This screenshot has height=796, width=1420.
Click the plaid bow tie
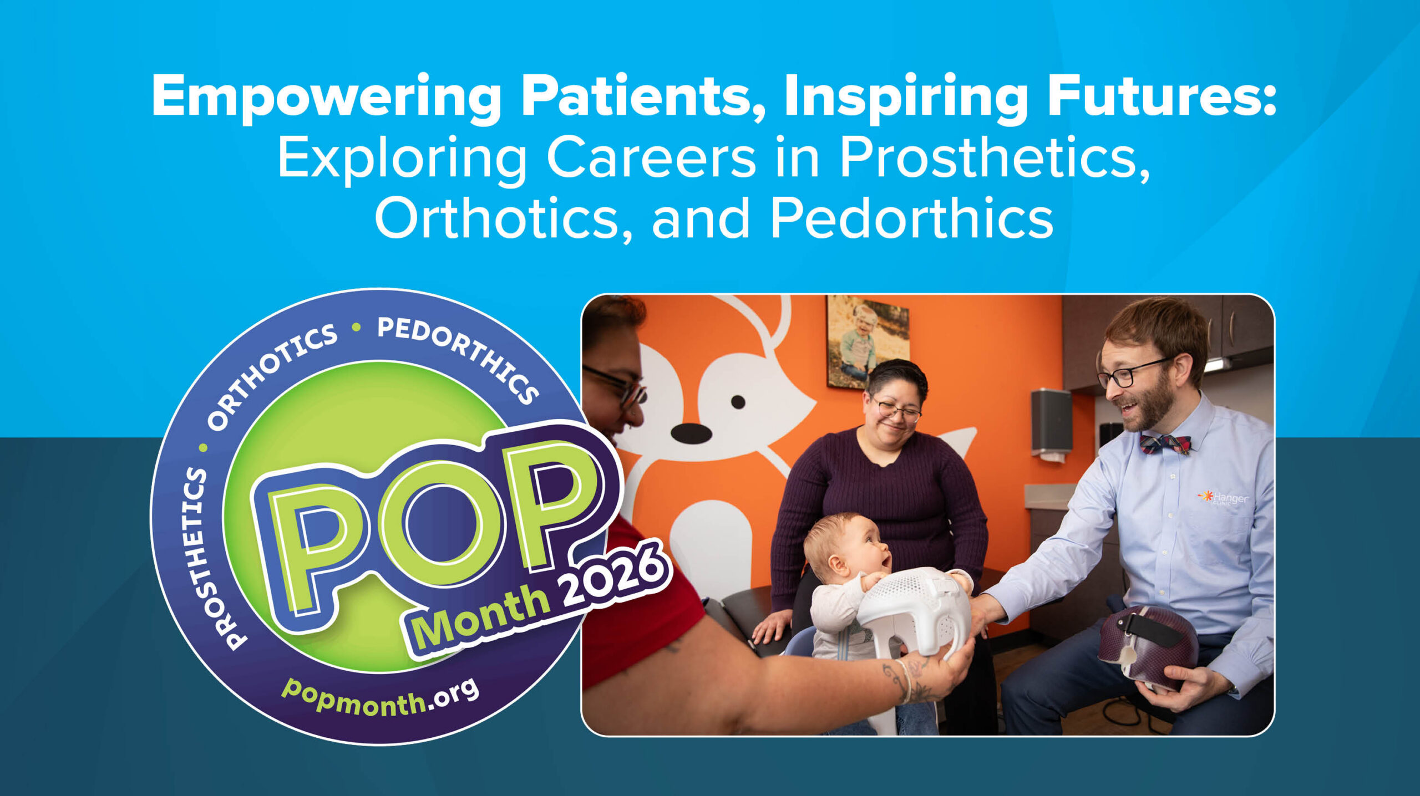click(x=1165, y=443)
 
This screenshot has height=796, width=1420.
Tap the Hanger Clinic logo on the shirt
click(x=1223, y=497)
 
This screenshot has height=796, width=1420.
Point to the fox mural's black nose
click(x=691, y=433)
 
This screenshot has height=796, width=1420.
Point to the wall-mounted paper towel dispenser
click(x=1051, y=425)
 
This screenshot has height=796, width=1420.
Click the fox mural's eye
click(x=738, y=402)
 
